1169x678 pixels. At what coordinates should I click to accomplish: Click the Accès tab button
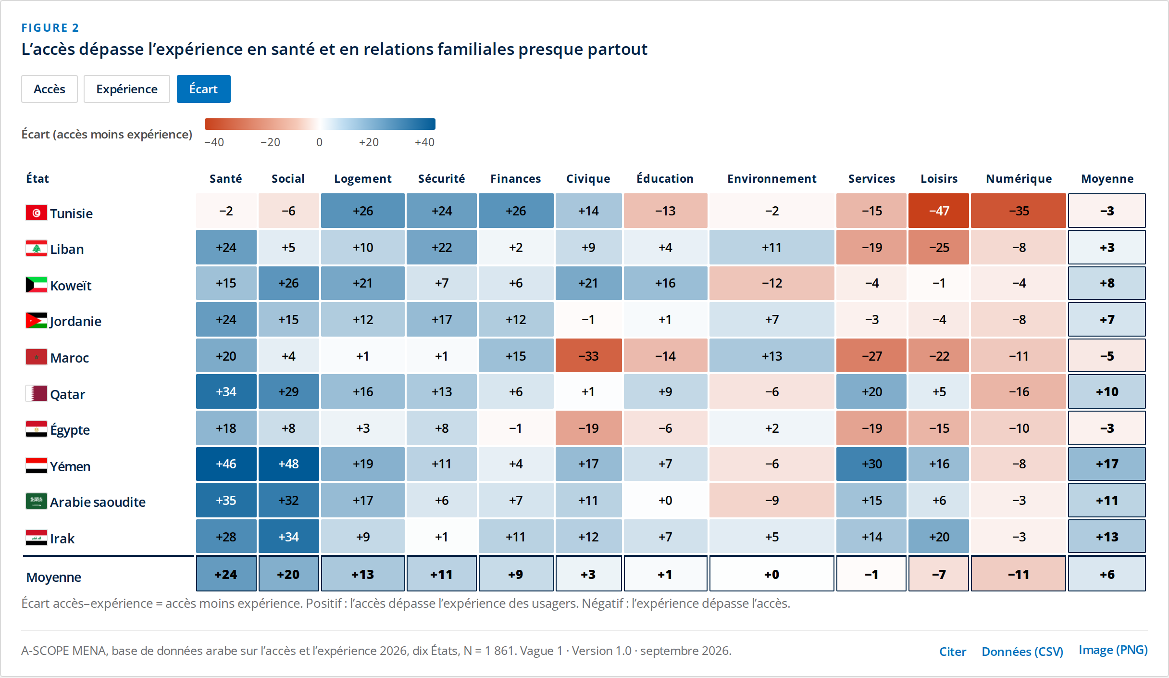click(x=50, y=89)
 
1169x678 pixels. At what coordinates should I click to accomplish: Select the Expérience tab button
click(x=127, y=89)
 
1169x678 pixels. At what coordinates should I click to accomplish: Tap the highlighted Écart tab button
click(x=204, y=89)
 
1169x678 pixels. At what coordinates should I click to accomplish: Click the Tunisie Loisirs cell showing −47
click(x=939, y=211)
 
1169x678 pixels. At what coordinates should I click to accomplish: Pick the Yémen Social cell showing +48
click(x=288, y=464)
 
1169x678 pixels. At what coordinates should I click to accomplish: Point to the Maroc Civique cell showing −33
click(x=588, y=356)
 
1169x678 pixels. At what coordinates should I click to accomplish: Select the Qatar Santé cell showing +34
click(x=226, y=392)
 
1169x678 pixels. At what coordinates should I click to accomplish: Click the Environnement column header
click(x=771, y=179)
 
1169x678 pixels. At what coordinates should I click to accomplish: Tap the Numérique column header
click(x=1019, y=179)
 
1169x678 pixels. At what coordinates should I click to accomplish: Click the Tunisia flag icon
click(x=37, y=213)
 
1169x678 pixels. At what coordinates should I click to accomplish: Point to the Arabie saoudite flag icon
click(x=37, y=501)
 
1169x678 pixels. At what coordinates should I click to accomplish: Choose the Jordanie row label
click(x=75, y=321)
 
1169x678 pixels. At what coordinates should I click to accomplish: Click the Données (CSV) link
click(x=1022, y=652)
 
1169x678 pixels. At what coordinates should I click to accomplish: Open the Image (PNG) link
click(x=1113, y=650)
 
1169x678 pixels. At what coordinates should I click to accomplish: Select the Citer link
click(x=953, y=652)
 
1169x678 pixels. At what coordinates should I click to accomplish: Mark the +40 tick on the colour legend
click(x=424, y=142)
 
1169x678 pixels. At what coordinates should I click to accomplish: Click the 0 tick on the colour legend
click(x=319, y=142)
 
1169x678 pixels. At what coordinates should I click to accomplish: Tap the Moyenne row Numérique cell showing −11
click(x=1019, y=574)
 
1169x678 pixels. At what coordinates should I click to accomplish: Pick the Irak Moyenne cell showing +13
click(x=1107, y=537)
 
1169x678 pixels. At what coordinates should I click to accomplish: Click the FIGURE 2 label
click(x=50, y=28)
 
